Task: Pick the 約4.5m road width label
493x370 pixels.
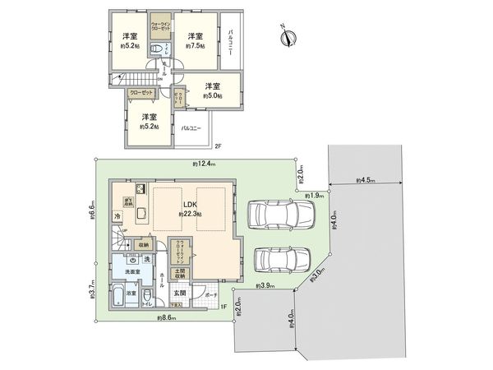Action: tap(366, 179)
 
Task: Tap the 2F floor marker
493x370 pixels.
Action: tap(218, 146)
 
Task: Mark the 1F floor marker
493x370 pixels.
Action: tap(223, 307)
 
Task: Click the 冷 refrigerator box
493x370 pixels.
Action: tap(117, 216)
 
